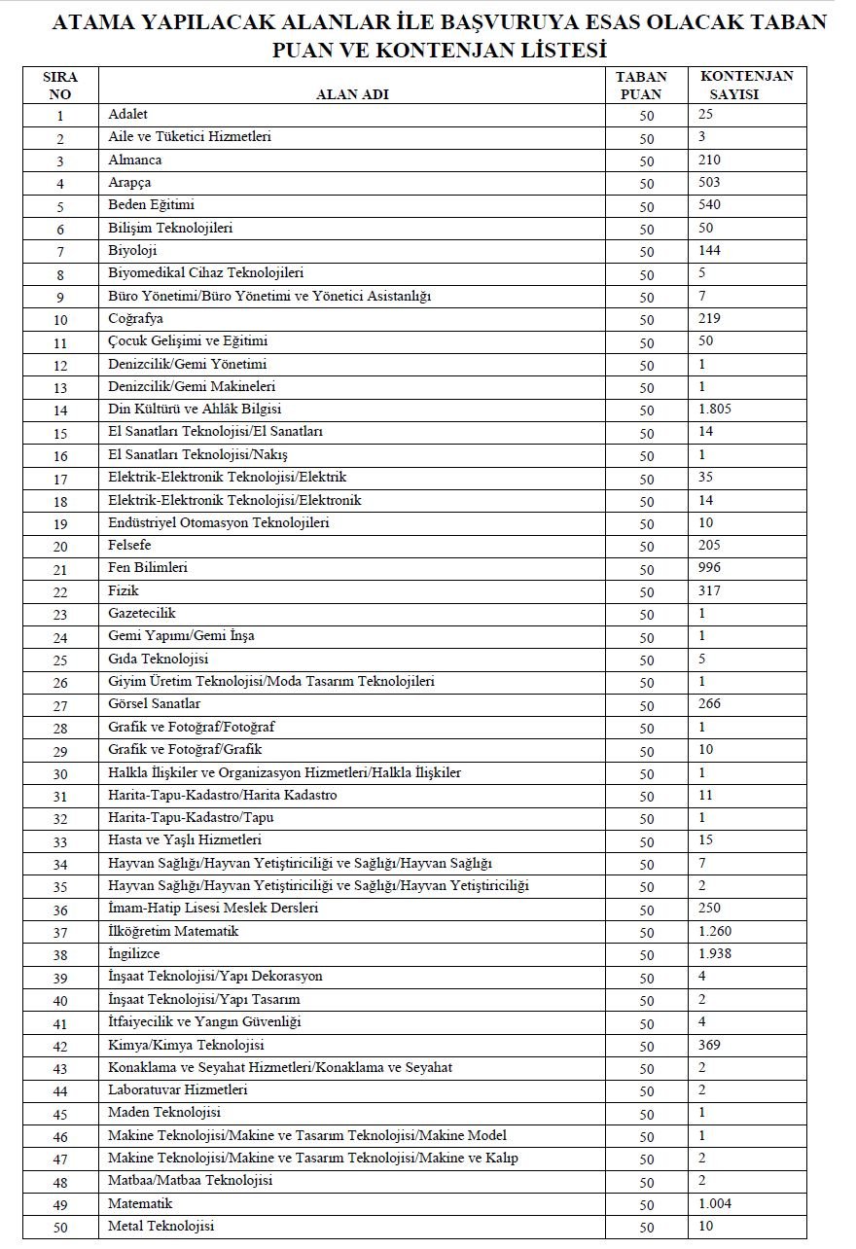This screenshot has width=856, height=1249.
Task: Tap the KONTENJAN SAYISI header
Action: click(746, 86)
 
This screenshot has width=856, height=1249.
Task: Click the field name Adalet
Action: click(128, 115)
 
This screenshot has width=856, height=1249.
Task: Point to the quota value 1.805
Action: click(714, 410)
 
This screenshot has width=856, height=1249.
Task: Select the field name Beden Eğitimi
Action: click(151, 205)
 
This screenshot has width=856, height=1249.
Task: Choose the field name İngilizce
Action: click(134, 954)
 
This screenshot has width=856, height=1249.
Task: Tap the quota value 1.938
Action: click(714, 954)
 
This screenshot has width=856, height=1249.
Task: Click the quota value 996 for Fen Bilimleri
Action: click(709, 568)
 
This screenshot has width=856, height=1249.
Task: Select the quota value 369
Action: click(709, 1046)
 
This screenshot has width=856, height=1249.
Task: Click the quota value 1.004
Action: click(714, 1204)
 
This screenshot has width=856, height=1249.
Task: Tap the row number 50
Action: click(60, 1228)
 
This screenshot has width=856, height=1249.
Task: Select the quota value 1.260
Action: click(714, 932)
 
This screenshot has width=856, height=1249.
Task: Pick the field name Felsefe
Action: click(130, 546)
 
